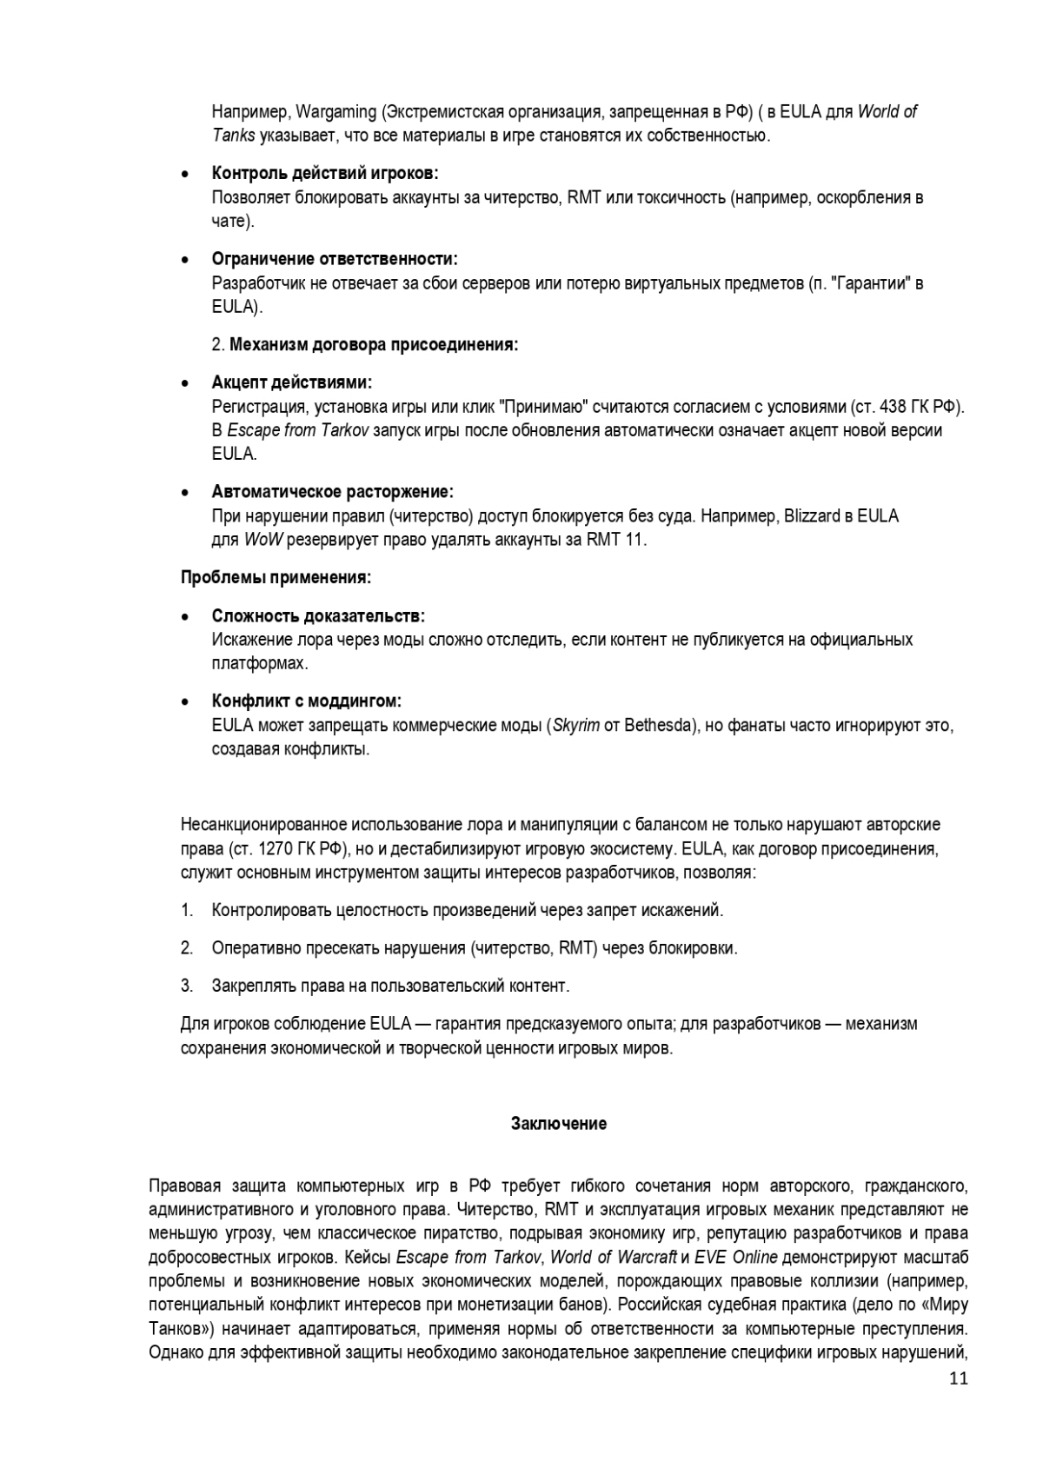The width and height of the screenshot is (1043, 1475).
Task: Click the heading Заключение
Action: pos(558,1124)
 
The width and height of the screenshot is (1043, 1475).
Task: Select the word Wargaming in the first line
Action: pos(335,112)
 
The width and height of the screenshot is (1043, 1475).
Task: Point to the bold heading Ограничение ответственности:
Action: pos(335,259)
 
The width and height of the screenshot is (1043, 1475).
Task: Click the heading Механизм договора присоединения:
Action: pos(374,345)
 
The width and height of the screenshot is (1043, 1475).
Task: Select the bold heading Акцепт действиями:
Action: pos(292,382)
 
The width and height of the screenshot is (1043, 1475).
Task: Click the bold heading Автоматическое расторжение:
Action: pos(332,492)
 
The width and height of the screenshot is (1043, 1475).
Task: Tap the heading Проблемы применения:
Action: pos(276,578)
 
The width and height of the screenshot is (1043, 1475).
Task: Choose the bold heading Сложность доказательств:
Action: pos(318,616)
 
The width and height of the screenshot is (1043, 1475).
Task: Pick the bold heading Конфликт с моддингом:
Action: pos(306,701)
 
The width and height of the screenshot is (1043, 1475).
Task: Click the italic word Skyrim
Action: pos(575,726)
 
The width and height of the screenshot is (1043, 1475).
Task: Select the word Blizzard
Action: pos(812,516)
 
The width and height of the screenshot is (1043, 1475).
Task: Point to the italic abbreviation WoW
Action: pos(262,540)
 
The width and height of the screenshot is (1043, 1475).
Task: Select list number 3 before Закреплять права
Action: pos(186,986)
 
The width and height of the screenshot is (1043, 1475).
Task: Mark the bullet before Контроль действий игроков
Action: pos(185,174)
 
